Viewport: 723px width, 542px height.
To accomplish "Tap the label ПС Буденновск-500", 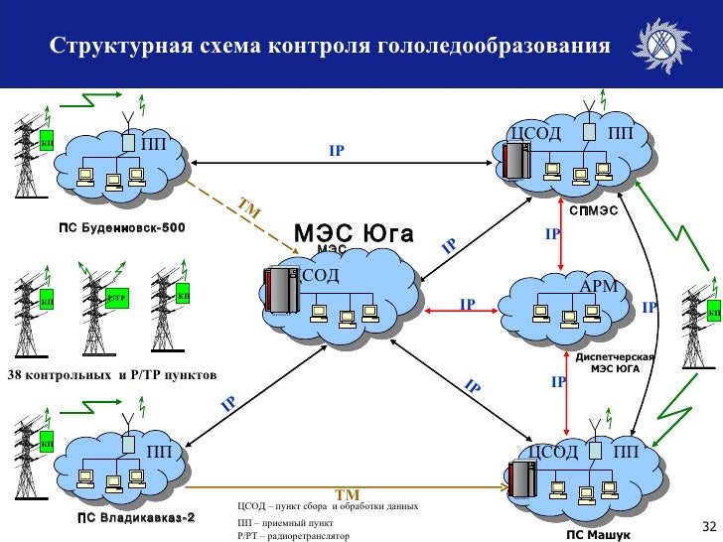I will pos(122,229).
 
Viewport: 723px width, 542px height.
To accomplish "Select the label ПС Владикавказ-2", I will pos(136,518).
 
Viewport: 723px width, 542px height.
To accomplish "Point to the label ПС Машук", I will pos(599,533).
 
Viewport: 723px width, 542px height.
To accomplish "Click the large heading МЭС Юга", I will pos(354,233).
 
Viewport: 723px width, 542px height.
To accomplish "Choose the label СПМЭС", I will pos(593,210).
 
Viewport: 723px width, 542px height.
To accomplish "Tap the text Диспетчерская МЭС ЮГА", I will pos(616,362).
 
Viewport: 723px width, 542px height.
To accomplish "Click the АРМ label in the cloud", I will pos(598,287).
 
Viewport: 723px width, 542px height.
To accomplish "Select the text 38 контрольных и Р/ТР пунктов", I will pos(111,374).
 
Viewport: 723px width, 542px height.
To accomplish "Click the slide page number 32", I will pos(708,525).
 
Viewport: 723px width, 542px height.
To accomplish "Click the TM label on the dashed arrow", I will pos(248,209).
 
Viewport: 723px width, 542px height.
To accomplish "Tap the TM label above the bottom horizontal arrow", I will pos(346,494).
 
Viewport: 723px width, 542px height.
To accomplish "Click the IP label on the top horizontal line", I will pos(337,152).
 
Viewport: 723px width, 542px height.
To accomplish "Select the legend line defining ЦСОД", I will pos(328,506).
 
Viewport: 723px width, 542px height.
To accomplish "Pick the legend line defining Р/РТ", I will pos(294,535).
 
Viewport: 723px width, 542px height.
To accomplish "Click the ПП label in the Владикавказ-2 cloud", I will pos(160,452).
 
